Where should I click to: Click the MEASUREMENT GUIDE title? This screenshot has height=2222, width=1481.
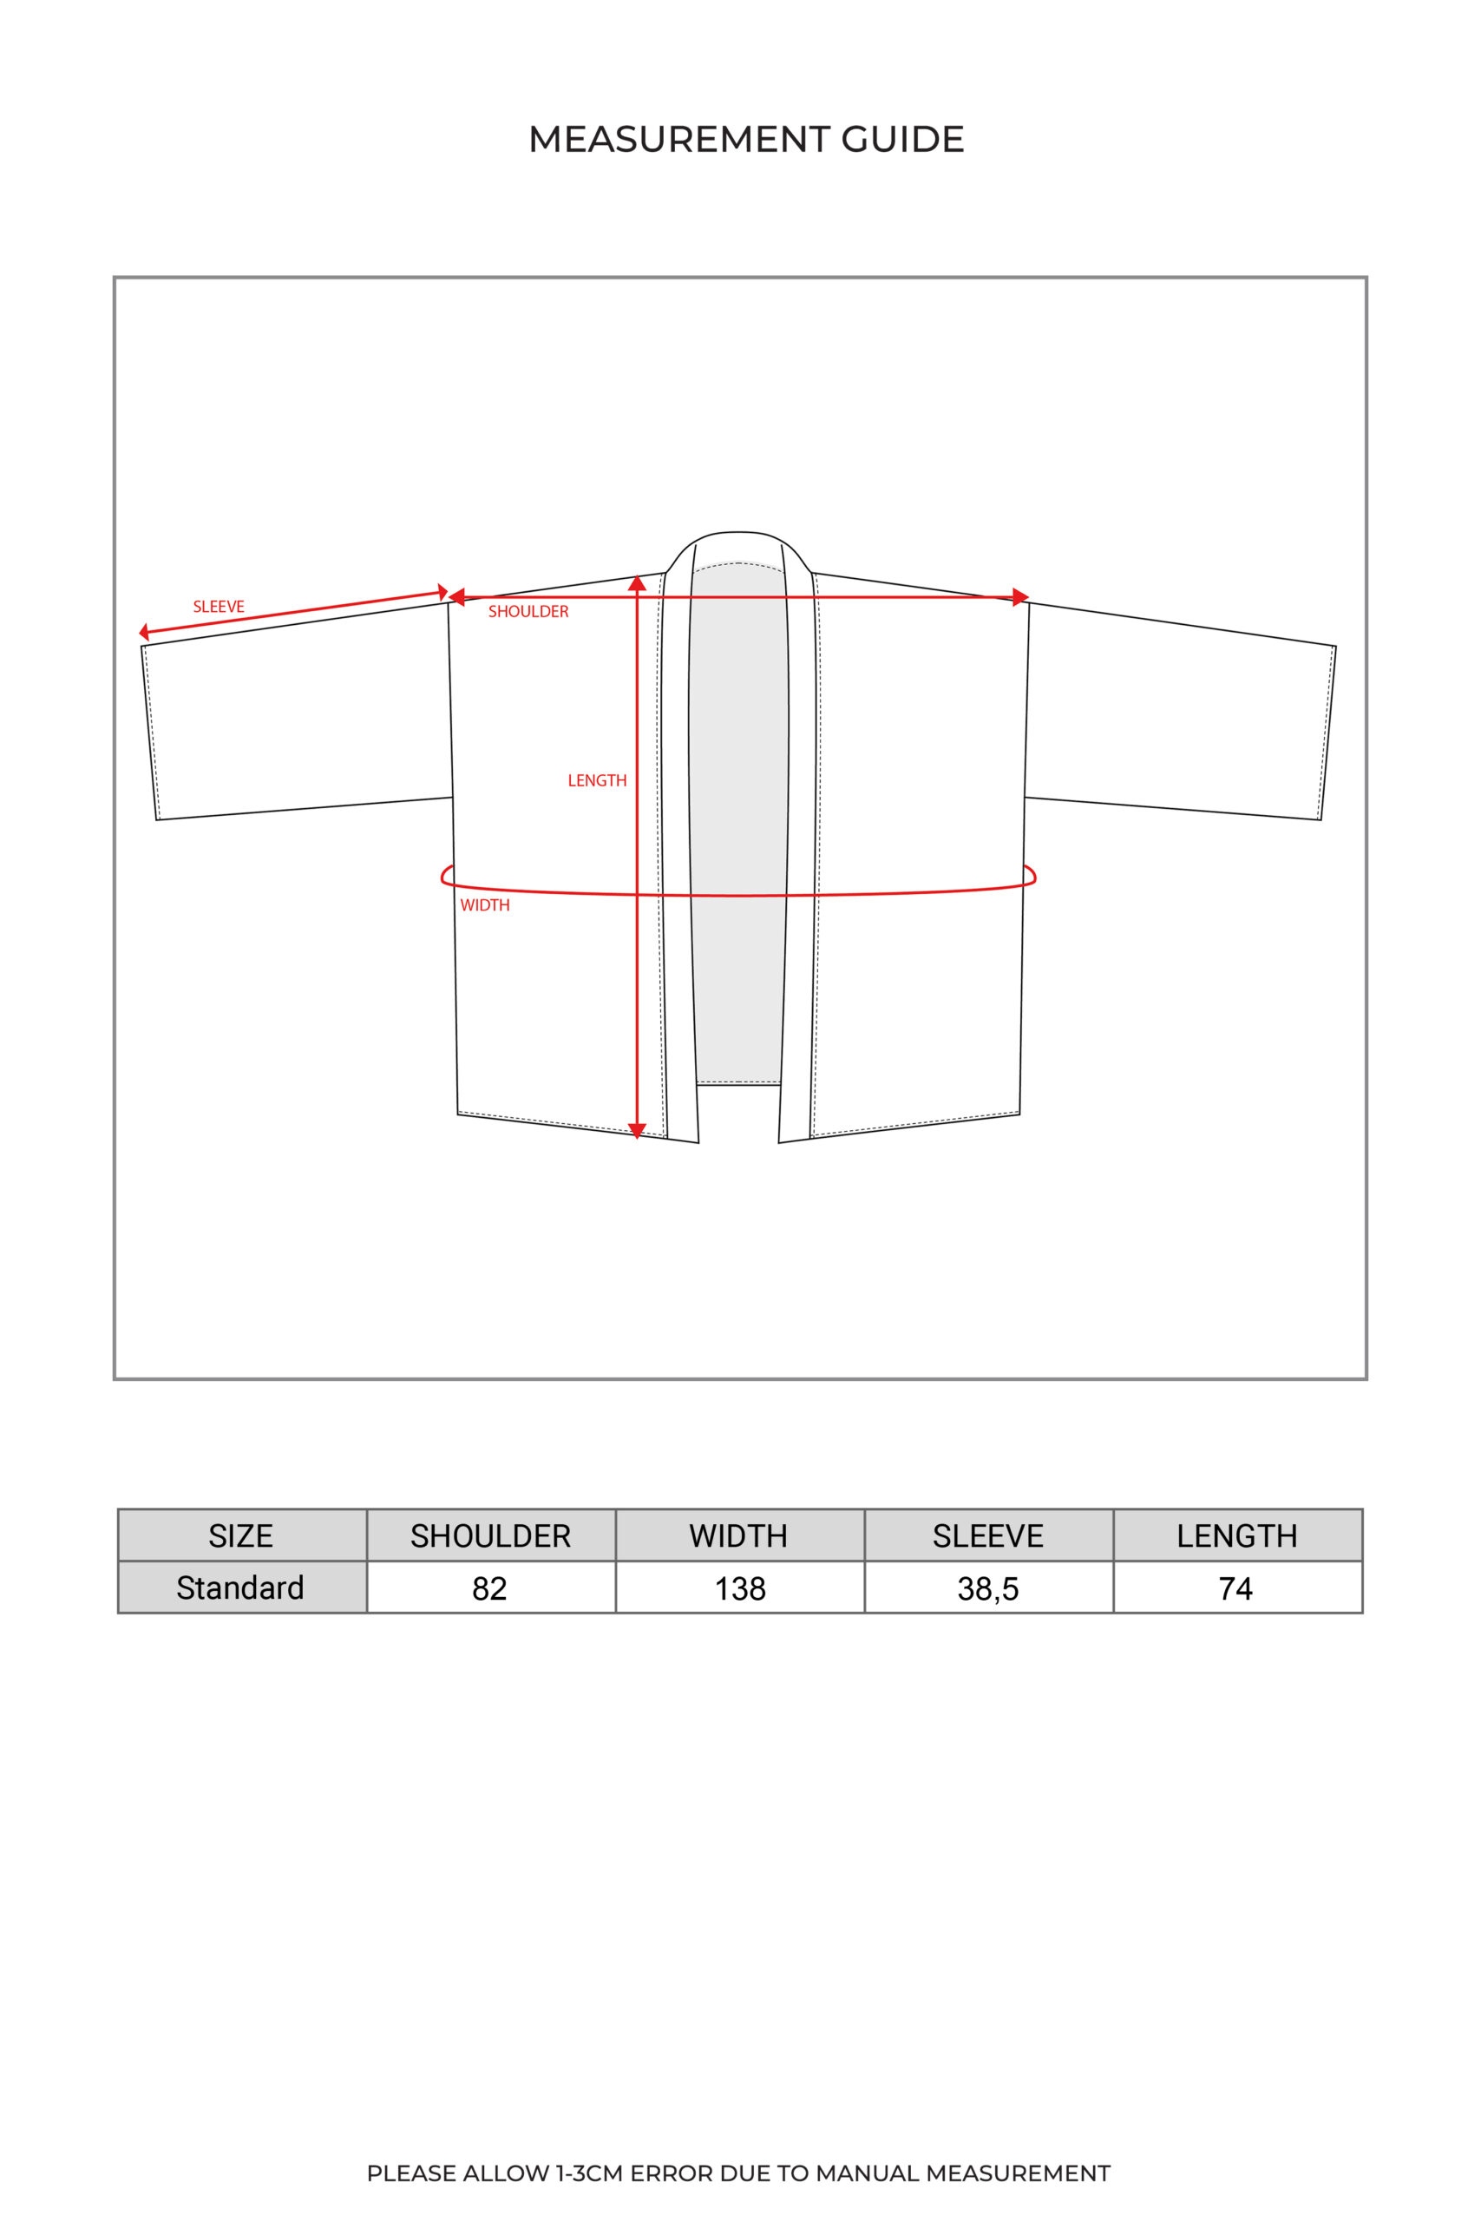tap(745, 139)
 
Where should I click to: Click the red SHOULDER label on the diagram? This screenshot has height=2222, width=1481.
tap(528, 611)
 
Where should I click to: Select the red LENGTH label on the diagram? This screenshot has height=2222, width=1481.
tap(597, 780)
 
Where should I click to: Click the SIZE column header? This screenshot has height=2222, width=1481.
tap(241, 1536)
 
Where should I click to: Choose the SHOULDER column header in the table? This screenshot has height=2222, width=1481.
tap(490, 1536)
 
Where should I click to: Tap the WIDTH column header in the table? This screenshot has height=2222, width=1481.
tap(738, 1536)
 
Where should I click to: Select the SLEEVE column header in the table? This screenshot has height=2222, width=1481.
tap(988, 1536)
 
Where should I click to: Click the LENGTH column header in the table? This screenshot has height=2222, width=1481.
tap(1236, 1536)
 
